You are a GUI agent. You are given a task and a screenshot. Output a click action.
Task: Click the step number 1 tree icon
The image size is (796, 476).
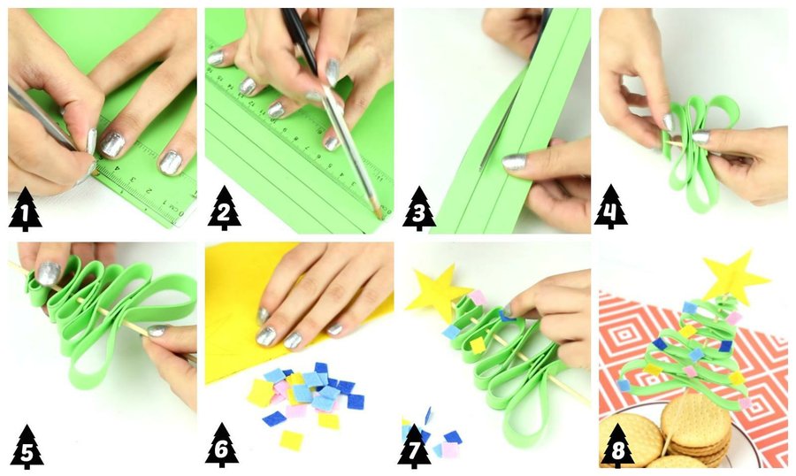pos(26,210)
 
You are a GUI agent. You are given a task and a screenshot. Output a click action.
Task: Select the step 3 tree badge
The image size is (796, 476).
pos(419,209)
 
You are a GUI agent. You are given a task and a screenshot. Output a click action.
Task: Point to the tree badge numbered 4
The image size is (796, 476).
pos(611,207)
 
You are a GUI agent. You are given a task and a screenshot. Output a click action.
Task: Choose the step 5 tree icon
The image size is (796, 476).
pos(27,447)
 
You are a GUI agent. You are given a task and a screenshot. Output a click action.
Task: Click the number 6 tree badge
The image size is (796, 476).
pos(222,446)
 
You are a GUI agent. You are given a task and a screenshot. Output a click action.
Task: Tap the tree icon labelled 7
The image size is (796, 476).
pos(414,447)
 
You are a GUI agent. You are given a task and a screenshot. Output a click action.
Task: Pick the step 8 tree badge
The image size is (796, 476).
pos(617,446)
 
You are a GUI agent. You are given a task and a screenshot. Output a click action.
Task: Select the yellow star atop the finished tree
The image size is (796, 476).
pos(734,276)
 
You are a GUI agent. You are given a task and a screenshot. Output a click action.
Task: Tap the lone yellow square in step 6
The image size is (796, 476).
pos(291,440)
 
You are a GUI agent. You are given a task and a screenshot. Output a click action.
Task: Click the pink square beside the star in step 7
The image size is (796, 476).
pos(478,297)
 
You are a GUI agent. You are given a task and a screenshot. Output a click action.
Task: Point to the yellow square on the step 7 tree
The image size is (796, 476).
pos(478,345)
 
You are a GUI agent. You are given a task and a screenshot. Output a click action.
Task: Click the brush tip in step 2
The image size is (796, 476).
pos(378,210)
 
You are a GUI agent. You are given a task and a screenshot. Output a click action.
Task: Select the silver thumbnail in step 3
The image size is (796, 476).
pos(515,162)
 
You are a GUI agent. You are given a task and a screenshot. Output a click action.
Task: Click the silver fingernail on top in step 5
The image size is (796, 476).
pos(49,273)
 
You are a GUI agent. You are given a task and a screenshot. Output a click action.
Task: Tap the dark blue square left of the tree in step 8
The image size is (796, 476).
pos(660,344)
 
